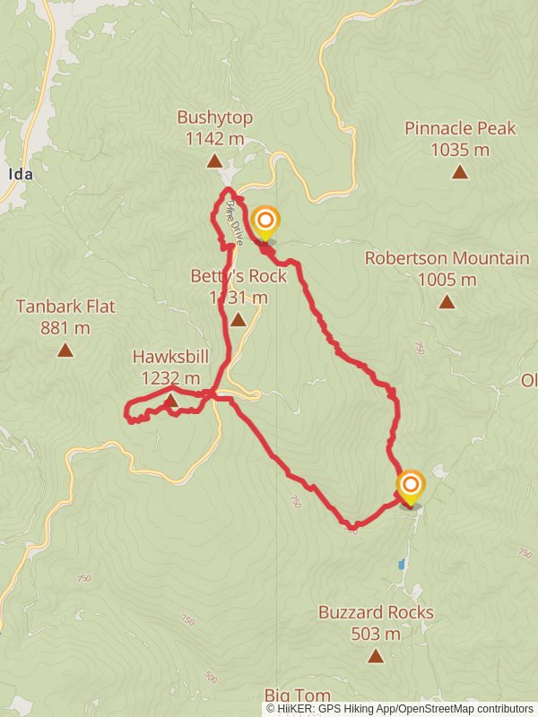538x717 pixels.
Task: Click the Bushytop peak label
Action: (x=214, y=117)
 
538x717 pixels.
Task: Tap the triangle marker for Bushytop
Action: (x=214, y=161)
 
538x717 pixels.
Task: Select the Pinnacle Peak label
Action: (x=460, y=128)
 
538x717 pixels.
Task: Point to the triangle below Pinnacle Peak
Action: (x=460, y=172)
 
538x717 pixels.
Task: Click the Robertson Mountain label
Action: (x=447, y=258)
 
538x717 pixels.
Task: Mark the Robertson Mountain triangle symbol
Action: (x=447, y=302)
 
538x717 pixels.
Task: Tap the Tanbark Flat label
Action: (x=65, y=307)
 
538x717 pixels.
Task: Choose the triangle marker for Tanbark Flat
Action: (x=65, y=350)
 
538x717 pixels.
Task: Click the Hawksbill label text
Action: (x=170, y=357)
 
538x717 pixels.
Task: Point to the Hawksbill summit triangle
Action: (x=170, y=400)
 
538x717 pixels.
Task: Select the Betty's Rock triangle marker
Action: (x=238, y=319)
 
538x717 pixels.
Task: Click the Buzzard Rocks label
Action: (x=376, y=613)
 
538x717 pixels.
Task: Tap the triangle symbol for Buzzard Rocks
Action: (x=376, y=656)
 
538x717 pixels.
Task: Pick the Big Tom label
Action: (x=298, y=695)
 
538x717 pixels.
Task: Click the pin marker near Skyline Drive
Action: (x=265, y=221)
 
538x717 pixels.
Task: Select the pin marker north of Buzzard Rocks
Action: (x=411, y=487)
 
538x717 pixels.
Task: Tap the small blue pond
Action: (x=403, y=566)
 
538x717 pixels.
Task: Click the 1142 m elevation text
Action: (x=214, y=138)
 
